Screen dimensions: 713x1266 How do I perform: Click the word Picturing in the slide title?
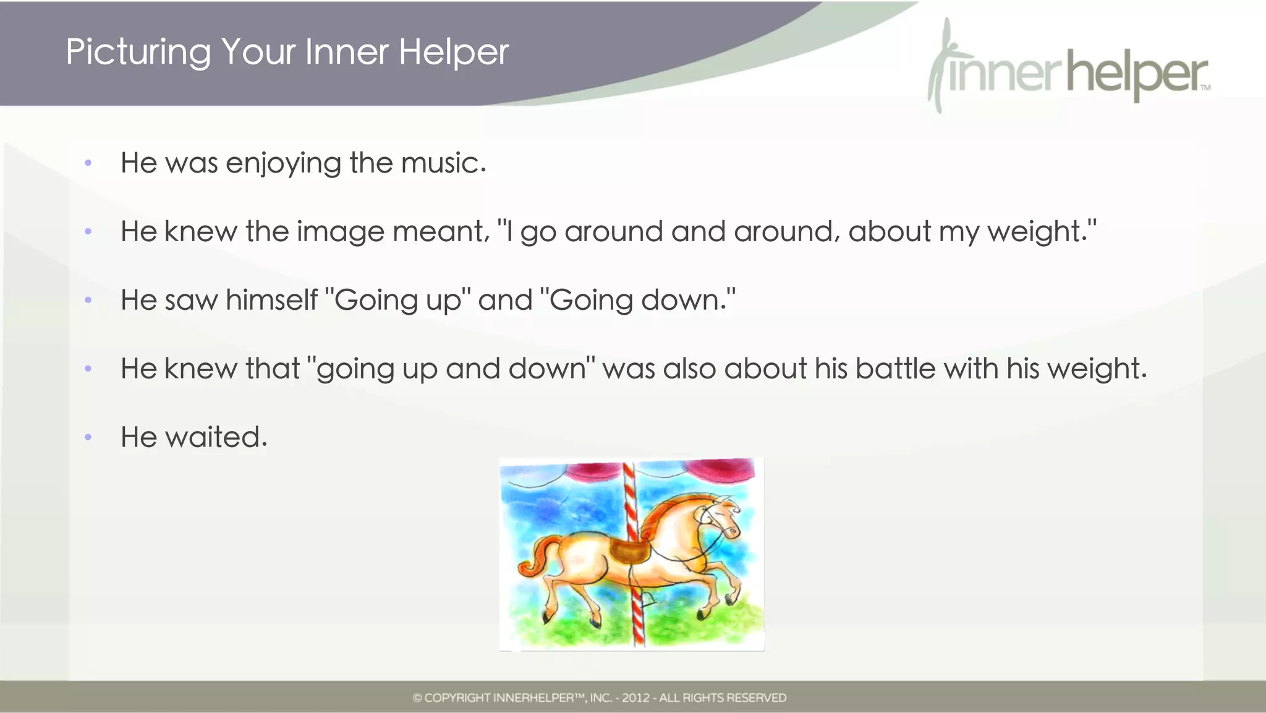pos(138,52)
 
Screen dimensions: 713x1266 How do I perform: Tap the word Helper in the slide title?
pos(453,52)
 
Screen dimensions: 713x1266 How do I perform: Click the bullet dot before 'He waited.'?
pos(88,437)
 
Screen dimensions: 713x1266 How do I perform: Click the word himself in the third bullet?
pos(271,301)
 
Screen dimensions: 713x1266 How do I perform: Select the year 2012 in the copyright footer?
pos(635,698)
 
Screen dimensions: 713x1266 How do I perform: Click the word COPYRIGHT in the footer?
pos(457,698)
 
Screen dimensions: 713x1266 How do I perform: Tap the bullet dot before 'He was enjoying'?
pos(88,163)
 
